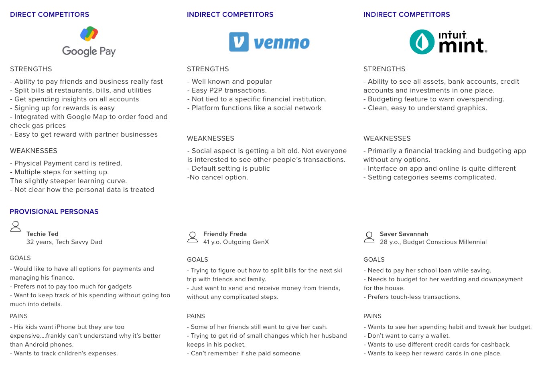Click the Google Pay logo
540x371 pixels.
pos(89,42)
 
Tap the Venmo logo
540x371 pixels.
pos(269,42)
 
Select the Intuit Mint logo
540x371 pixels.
pos(448,42)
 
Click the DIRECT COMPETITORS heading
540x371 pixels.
pos(49,14)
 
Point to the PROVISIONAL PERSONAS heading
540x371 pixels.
pos(54,212)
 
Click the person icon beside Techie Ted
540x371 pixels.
pos(16,226)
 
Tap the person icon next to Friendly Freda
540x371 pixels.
pos(193,237)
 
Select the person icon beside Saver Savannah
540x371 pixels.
pos(369,237)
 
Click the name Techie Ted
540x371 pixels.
pos(43,234)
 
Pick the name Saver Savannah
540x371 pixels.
pos(404,234)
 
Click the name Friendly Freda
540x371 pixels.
pos(225,234)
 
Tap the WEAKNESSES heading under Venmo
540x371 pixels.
pos(210,138)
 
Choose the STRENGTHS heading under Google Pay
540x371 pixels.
pos(31,69)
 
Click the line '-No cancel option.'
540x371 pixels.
pos(217,177)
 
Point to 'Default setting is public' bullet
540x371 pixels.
pos(228,168)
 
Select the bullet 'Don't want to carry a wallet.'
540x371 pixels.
pos(407,336)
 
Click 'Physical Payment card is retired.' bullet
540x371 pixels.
pos(66,163)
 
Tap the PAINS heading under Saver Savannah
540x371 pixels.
pos(372,316)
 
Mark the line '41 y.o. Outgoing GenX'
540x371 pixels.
pos(236,242)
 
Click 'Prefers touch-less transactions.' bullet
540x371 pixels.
pos(412,297)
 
